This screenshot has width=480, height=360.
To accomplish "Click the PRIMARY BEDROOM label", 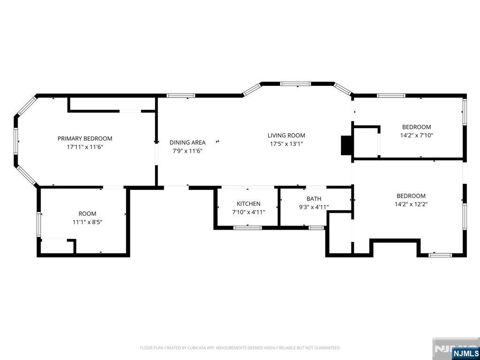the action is coord(85,138).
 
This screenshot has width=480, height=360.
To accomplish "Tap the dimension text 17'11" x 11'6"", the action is coord(85,147).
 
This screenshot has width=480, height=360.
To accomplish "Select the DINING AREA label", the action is coord(187,142).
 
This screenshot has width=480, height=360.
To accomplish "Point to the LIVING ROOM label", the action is coord(286,135).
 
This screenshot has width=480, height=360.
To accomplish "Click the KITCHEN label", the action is coord(248,203).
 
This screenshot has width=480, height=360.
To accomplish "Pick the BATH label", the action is coord(314,199).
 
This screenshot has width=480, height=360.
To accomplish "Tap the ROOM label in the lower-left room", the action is coord(87,214).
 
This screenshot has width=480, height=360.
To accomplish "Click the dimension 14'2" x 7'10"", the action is coord(416,135).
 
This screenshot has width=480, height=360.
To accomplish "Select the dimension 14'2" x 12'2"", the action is coord(411,204).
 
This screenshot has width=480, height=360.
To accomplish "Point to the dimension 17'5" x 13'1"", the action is coord(286,144).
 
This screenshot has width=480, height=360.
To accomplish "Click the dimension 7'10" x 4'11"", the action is coord(248,212).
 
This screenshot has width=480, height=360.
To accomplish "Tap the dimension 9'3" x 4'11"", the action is coord(314,207).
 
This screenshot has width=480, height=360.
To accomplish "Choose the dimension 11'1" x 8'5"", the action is coord(87,222).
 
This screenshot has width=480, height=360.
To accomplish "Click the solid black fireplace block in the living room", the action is coord(346,145).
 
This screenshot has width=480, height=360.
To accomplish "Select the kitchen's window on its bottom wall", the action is coord(247,228).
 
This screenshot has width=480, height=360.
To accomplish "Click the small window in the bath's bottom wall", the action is coord(316,228).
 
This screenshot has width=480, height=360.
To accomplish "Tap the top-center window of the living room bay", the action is coord(295,83).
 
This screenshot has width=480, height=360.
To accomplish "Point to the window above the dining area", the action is coord(180,96).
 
